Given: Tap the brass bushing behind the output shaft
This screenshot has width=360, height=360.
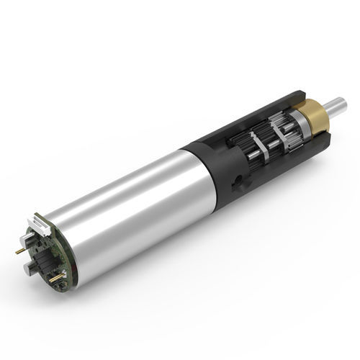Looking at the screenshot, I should pyautogui.click(x=315, y=117).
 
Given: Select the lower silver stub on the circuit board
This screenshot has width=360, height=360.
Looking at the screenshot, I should pyautogui.click(x=31, y=268).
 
